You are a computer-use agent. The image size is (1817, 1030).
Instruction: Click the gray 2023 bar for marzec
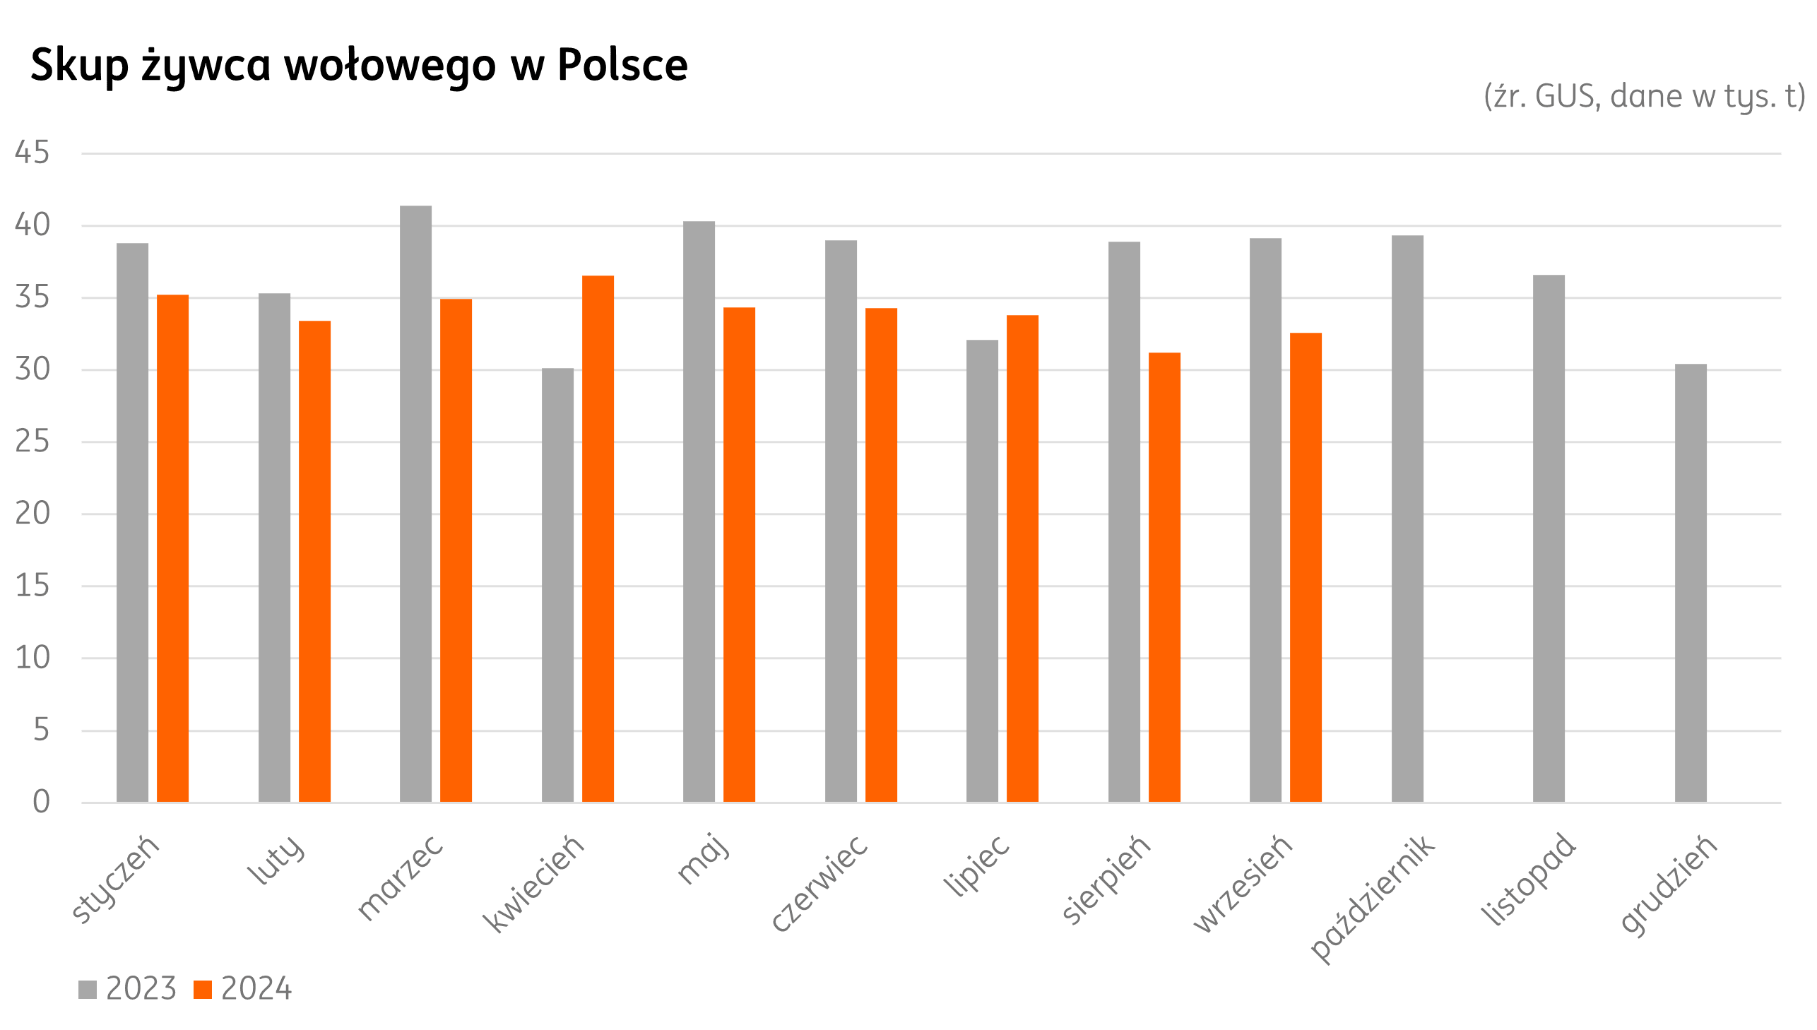point(415,504)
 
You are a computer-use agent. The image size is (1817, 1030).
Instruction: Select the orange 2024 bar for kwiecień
point(598,538)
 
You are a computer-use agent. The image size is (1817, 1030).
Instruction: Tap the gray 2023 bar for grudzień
point(1691,583)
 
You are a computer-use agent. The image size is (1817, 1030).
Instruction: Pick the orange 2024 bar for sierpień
point(1164,577)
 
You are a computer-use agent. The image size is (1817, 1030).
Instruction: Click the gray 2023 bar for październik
point(1407,519)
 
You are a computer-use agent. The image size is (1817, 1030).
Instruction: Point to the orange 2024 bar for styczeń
point(172,548)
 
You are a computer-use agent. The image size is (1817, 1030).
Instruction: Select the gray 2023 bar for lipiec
point(982,571)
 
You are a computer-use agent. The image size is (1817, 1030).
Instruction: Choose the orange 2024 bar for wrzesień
point(1306,567)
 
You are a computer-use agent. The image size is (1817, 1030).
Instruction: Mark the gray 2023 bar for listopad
point(1549,538)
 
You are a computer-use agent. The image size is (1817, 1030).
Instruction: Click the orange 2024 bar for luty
point(314,561)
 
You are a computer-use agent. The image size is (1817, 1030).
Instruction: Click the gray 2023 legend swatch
point(88,990)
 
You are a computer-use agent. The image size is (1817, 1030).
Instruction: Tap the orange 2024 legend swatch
point(203,990)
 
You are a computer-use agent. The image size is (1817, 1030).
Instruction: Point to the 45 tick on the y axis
point(32,153)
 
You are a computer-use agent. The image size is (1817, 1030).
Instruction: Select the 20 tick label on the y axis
point(32,514)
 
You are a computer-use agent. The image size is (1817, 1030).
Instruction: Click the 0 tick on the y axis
point(41,803)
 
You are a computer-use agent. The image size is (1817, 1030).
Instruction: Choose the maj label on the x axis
point(702,859)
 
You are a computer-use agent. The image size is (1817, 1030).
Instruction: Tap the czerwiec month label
point(819,883)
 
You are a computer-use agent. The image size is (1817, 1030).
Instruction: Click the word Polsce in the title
point(622,65)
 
